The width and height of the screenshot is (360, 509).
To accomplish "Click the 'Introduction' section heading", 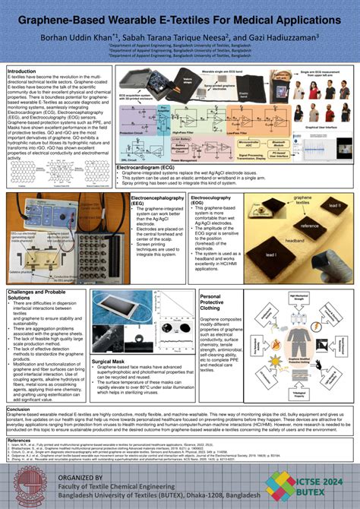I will coord(24,71).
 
